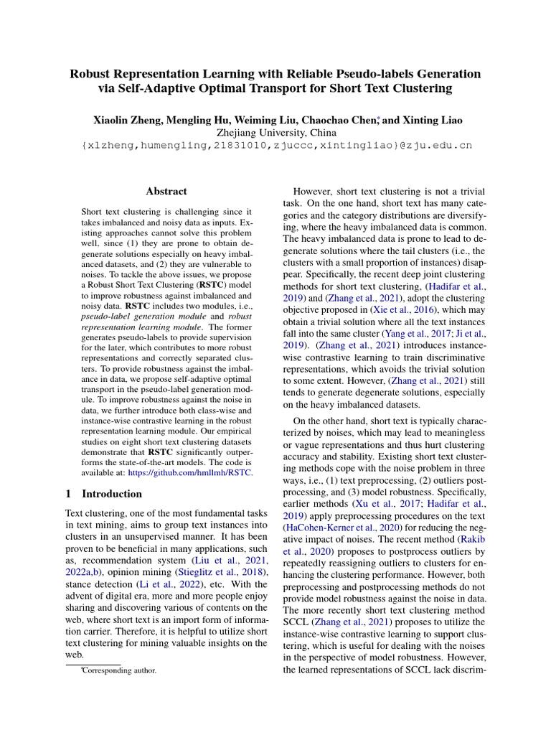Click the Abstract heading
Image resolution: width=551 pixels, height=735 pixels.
click(166, 192)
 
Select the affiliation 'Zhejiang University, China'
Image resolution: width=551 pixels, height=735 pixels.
click(276, 132)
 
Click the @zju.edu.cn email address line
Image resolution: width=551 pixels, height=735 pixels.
click(276, 146)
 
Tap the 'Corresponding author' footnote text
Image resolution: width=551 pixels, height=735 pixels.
click(119, 670)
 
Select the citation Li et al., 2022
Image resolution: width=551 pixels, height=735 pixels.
click(151, 584)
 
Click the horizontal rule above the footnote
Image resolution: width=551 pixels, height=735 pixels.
click(93, 664)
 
